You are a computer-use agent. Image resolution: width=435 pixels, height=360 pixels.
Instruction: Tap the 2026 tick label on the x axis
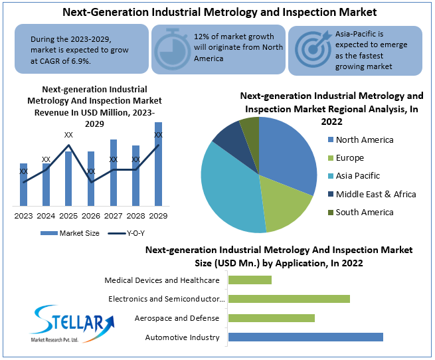pos(91,216)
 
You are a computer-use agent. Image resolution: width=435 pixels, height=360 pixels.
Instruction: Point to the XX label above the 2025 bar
pos(68,135)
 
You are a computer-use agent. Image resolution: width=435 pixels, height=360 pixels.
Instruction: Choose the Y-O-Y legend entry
pos(126,233)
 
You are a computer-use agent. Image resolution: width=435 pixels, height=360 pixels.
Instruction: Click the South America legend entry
pos(364,212)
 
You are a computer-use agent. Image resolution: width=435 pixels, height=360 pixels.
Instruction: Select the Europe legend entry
pos(349,158)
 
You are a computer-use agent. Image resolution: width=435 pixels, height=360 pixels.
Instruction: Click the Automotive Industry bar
pos(305,337)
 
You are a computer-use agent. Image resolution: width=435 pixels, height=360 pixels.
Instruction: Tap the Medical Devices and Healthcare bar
pos(250,280)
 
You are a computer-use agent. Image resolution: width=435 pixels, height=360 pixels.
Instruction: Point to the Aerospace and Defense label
pos(177,318)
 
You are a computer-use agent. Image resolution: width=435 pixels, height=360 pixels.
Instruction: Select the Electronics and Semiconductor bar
pos(289,299)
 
